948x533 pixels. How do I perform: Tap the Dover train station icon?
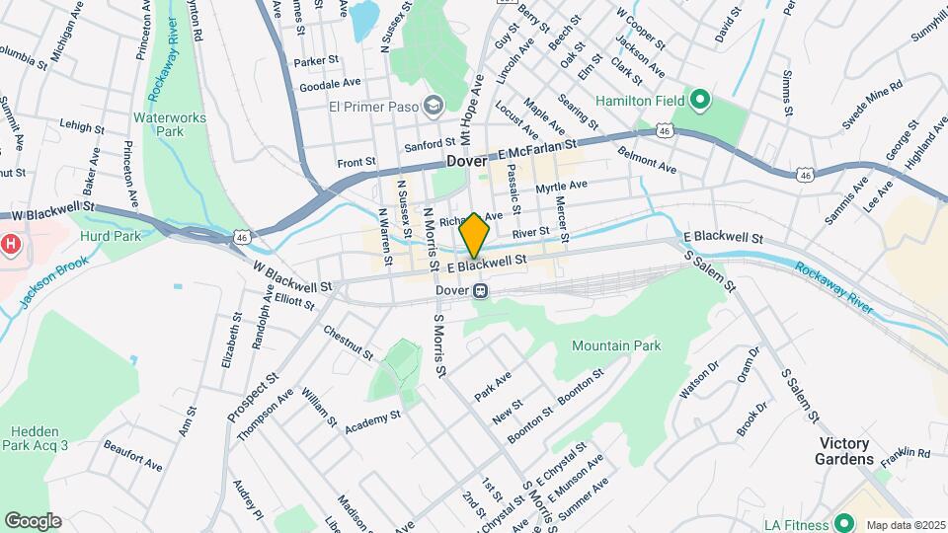[481, 291]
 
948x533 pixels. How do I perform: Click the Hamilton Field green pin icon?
[700, 100]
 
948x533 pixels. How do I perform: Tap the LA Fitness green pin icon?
[843, 522]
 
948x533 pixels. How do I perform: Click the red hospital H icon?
[10, 242]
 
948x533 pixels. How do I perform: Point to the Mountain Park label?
[616, 345]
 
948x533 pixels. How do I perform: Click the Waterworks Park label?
[159, 122]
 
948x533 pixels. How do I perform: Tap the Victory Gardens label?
[844, 451]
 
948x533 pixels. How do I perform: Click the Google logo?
[33, 520]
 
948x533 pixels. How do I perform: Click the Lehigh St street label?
[82, 127]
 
